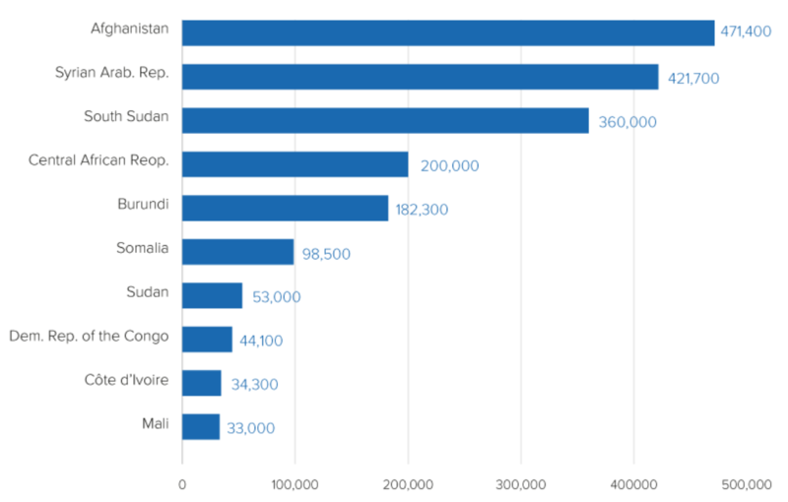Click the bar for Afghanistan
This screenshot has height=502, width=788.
pyautogui.click(x=448, y=32)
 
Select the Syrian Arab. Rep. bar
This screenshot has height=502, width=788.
pyautogui.click(x=421, y=77)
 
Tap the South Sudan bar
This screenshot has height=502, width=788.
pyautogui.click(x=385, y=120)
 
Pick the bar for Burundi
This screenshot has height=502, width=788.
pyautogui.click(x=286, y=208)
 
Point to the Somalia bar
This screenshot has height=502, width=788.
pyautogui.click(x=238, y=252)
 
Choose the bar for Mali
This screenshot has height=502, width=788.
pyautogui.click(x=201, y=426)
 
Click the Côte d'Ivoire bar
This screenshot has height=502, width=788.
pyautogui.click(x=202, y=383)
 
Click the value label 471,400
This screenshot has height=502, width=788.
pyautogui.click(x=747, y=33)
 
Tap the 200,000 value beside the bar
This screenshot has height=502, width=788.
pyautogui.click(x=449, y=165)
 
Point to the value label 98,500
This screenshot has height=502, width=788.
pyautogui.click(x=326, y=253)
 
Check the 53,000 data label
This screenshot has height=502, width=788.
pyautogui.click(x=276, y=296)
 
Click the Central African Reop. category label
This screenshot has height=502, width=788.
pyautogui.click(x=98, y=159)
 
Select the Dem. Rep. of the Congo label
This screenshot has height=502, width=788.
pyautogui.click(x=89, y=336)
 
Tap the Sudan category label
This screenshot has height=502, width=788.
pyautogui.click(x=148, y=291)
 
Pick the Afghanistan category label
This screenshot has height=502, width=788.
pyautogui.click(x=129, y=29)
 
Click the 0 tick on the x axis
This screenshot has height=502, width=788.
pyautogui.click(x=182, y=484)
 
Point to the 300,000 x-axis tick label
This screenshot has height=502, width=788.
pyautogui.click(x=521, y=484)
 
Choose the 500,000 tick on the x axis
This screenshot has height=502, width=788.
pyautogui.click(x=746, y=484)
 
